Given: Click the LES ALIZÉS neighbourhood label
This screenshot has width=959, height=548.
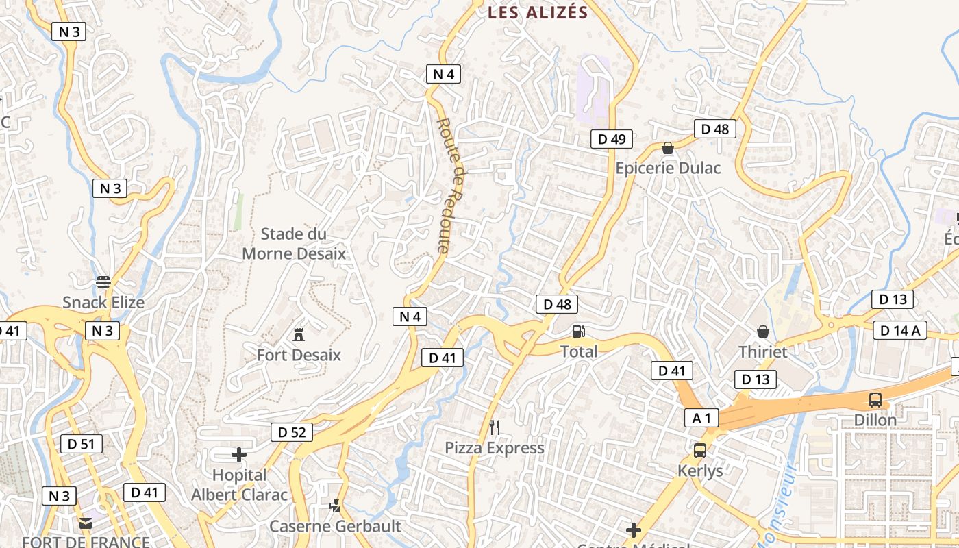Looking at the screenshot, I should pos(538,12).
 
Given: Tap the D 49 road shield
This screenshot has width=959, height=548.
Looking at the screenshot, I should pos(612,139).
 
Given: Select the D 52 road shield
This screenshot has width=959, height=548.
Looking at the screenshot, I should pos(292,432).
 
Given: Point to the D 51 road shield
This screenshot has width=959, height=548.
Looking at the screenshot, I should pos(82,444).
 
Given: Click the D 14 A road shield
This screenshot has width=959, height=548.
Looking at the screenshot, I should pos(900,331).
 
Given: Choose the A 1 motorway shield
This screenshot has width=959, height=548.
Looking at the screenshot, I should pos(702,417).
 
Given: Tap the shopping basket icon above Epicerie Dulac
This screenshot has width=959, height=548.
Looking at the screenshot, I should pos(668,148).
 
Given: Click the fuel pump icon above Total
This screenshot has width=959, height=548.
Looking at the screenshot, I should pos(579,332).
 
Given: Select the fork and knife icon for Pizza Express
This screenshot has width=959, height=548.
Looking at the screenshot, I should pos(495,427).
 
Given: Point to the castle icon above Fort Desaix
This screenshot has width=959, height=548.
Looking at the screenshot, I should pos(299,335).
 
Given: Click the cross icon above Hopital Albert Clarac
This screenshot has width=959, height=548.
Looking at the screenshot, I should pos(239,454).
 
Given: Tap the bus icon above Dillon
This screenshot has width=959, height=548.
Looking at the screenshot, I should pos(875,400).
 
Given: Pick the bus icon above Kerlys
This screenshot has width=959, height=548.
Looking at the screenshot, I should pos(700,451).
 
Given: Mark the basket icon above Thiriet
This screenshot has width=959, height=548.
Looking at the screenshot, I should pos(763,332).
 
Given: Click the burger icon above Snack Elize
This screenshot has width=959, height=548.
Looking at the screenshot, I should pos(103,282).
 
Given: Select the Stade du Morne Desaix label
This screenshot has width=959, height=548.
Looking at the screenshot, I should pos(294,244).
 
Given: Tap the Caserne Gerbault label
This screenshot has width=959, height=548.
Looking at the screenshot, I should pos(335,526).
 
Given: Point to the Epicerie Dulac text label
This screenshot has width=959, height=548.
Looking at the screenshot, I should pos(668,168).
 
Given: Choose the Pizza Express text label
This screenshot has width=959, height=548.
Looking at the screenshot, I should pos(495,448).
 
